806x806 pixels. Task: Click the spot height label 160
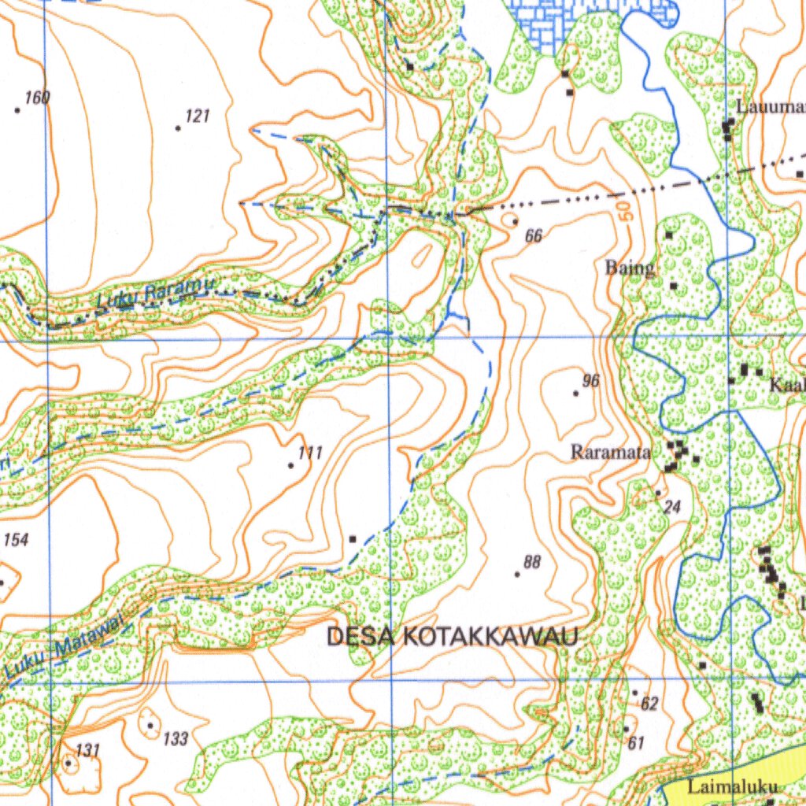[x=37, y=98]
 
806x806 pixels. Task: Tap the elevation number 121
[x=198, y=116]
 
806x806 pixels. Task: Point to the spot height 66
[x=534, y=235]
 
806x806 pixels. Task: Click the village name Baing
[x=630, y=268]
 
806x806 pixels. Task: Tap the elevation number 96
[x=591, y=381]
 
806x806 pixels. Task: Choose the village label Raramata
[x=611, y=453]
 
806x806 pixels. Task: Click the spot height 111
[x=311, y=453]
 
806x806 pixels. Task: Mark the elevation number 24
[x=672, y=507]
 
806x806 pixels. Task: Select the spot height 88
[x=533, y=561]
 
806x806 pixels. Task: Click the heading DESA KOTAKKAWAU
[x=453, y=636]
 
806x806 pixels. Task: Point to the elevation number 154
[x=16, y=540]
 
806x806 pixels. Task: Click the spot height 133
[x=176, y=738]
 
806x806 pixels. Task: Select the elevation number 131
[x=87, y=751]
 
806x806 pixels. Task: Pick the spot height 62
[x=649, y=704]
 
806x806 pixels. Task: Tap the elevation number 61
[x=636, y=742]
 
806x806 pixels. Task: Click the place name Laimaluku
[x=732, y=786]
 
